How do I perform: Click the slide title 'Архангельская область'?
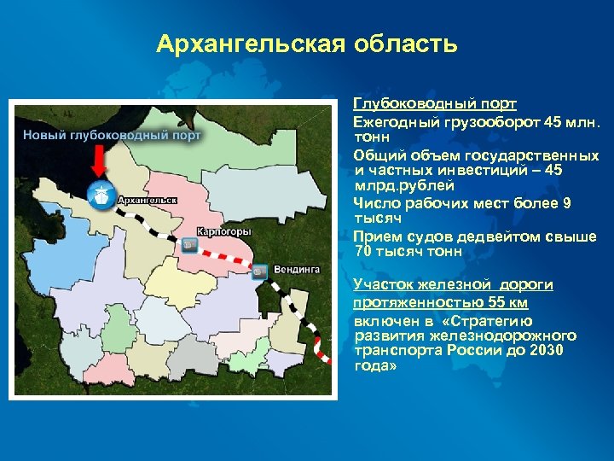click(307, 44)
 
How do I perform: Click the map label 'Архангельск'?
click(148, 200)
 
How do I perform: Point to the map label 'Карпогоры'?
click(223, 231)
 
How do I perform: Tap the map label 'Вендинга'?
click(296, 269)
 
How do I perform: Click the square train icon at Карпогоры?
click(188, 245)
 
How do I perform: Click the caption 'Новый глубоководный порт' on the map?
click(112, 135)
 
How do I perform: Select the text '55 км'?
click(508, 302)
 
